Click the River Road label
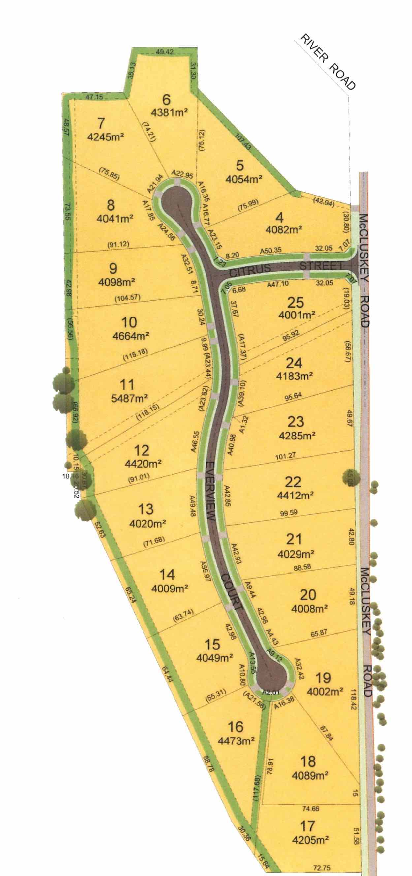coord(326,62)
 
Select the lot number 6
coord(166,100)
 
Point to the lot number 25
coord(295,302)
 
